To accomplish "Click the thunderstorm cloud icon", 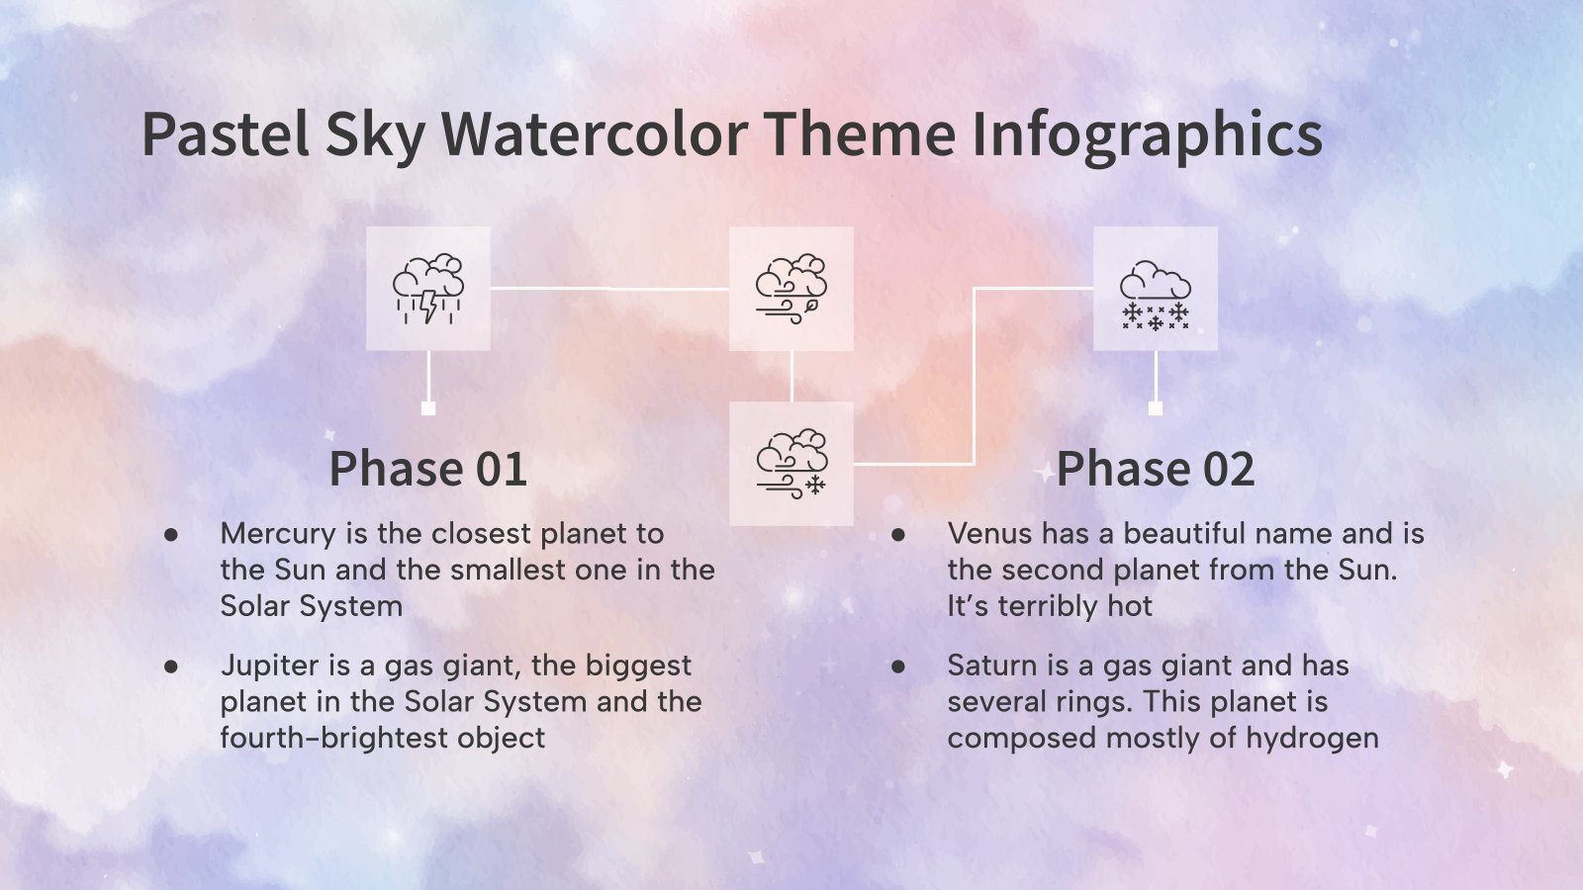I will (x=427, y=289).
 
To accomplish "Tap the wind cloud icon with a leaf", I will (x=791, y=289).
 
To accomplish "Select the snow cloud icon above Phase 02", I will (x=1155, y=289).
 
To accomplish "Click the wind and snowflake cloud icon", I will (x=791, y=463).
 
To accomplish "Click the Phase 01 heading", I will (x=427, y=469).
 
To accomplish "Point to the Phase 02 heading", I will (x=1155, y=469).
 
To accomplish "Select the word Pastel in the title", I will (x=226, y=134).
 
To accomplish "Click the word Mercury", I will (x=278, y=534).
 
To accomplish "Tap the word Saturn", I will (x=993, y=666).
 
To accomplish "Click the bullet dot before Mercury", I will (x=171, y=535).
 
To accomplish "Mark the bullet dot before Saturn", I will (x=898, y=667).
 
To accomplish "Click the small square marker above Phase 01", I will (x=427, y=408).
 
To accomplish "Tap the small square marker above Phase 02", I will (x=1155, y=408).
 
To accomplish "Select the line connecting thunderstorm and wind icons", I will (x=609, y=289).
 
